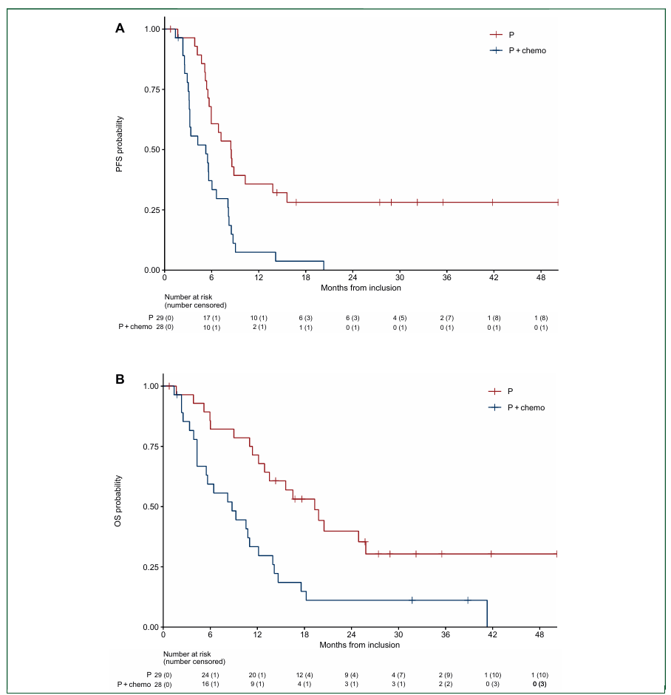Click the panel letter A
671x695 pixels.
pyautogui.click(x=120, y=28)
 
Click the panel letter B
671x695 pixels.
pyautogui.click(x=120, y=379)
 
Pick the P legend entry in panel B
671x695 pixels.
pyautogui.click(x=510, y=391)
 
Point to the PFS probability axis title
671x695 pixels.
pyautogui.click(x=119, y=146)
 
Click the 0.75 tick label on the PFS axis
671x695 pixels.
pyautogui.click(x=150, y=89)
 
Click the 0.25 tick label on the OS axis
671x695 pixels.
pyautogui.click(x=150, y=567)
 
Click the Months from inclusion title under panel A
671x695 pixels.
pyautogui.click(x=361, y=288)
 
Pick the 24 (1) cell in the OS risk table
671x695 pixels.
pyautogui.click(x=211, y=674)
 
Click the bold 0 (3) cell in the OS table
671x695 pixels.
pyautogui.click(x=541, y=685)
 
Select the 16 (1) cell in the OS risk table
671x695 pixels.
pyautogui.click(x=211, y=685)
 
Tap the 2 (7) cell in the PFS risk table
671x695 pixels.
pyautogui.click(x=446, y=317)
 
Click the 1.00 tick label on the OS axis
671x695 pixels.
pyautogui.click(x=150, y=386)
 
